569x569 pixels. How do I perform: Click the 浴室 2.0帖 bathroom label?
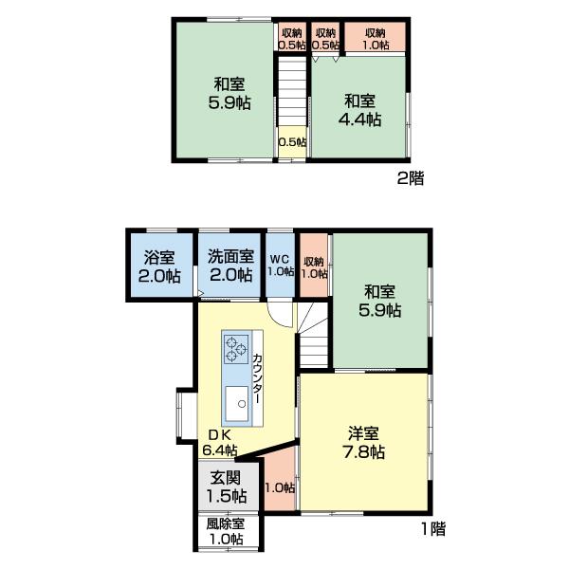click(x=159, y=266)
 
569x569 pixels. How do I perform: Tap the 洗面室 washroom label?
click(x=230, y=266)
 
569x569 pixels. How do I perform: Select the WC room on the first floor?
click(x=281, y=266)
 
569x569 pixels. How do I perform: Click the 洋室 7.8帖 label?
click(x=363, y=443)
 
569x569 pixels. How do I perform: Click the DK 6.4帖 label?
click(x=220, y=443)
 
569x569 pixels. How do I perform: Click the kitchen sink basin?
click(x=236, y=404)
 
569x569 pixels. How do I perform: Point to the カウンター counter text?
click(x=257, y=378)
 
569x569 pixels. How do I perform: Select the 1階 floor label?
click(x=433, y=529)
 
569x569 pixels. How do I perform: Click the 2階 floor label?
click(x=411, y=178)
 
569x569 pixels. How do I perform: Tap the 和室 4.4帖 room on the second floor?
click(x=359, y=106)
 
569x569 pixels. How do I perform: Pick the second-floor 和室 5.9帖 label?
click(x=229, y=94)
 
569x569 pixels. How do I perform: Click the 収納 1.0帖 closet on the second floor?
click(x=375, y=37)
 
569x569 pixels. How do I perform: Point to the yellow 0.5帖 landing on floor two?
click(x=292, y=142)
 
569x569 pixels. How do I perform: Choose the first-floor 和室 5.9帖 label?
click(x=380, y=301)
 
